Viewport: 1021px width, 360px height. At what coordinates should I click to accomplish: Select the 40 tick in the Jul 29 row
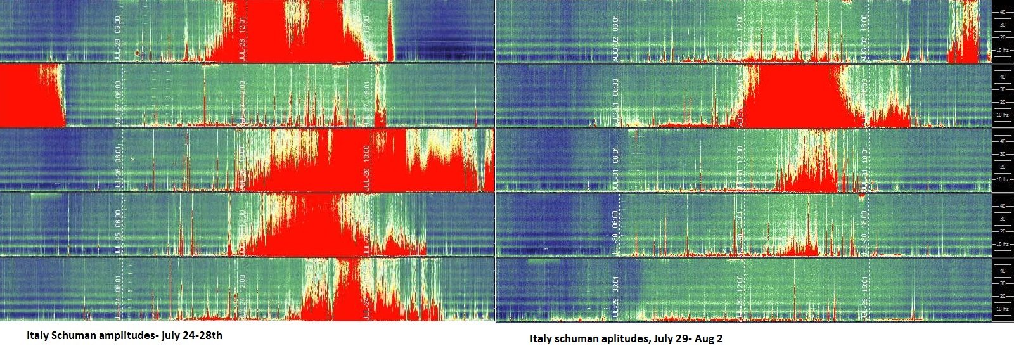pos(1003,270)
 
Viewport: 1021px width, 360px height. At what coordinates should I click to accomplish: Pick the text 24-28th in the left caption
pos(204,335)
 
